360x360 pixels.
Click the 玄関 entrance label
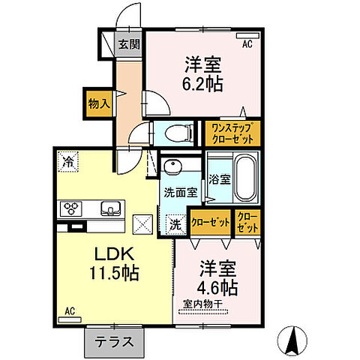(x=129, y=44)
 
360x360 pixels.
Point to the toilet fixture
(x=175, y=133)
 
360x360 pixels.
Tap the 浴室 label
(x=219, y=180)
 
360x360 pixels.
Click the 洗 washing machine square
(x=173, y=223)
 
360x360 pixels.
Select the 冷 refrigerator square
(x=68, y=161)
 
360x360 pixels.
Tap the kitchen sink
(x=108, y=208)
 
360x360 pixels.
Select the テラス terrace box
(x=114, y=341)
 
